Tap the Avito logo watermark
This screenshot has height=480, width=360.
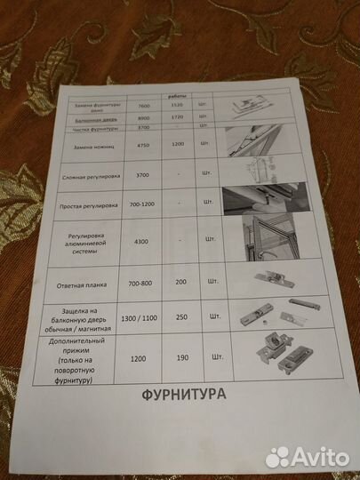(307, 456)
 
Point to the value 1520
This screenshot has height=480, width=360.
(176, 105)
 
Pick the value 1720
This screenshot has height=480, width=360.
(177, 117)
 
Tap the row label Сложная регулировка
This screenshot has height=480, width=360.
(91, 178)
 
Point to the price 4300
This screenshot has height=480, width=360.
(142, 242)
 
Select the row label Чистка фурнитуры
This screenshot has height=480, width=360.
(91, 129)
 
